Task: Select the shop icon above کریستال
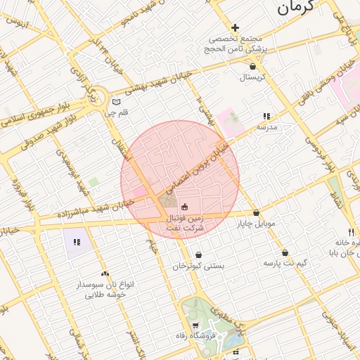[252, 67]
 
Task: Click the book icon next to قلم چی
[117, 102]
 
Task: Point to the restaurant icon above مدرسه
[266, 116]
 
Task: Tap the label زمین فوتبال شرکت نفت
[184, 224]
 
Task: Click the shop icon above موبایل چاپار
[256, 212]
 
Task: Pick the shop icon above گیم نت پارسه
[285, 252]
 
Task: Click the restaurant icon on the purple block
[77, 242]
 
